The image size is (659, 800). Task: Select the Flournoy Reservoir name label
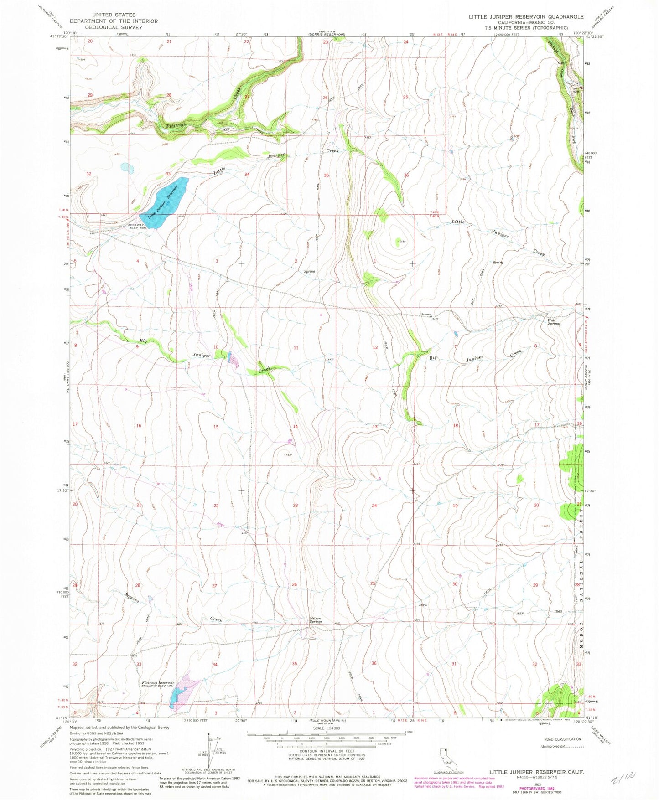(158, 682)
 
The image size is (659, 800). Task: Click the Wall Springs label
(554, 321)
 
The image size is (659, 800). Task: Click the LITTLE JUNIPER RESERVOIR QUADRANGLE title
(526, 16)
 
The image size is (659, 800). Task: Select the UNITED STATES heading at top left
(113, 15)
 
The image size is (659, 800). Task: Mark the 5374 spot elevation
(546, 526)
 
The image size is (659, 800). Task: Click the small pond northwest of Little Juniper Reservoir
(127, 168)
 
